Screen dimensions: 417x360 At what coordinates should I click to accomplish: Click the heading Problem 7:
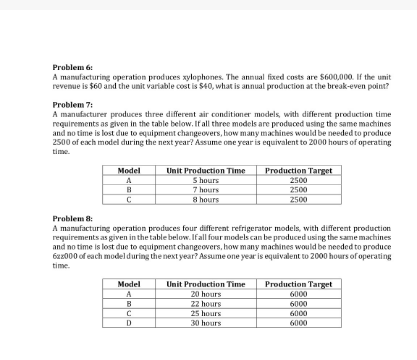[71, 103]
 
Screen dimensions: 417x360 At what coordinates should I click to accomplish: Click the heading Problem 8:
[71, 216]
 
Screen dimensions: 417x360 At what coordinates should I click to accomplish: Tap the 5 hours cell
[205, 179]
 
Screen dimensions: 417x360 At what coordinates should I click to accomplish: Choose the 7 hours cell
[205, 188]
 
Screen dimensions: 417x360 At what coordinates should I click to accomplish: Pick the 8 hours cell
[205, 198]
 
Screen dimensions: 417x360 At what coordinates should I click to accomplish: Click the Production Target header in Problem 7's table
[298, 170]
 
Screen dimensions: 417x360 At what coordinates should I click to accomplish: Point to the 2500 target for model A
[298, 179]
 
